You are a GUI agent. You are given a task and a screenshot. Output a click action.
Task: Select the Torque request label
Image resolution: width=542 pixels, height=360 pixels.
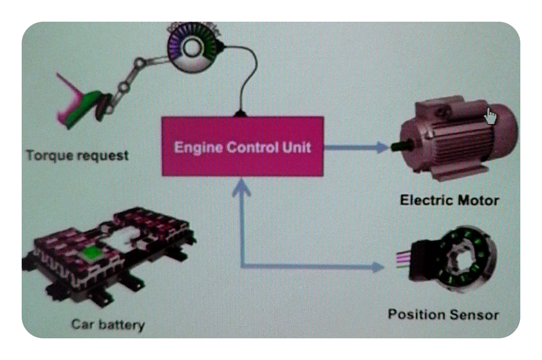tap(77, 156)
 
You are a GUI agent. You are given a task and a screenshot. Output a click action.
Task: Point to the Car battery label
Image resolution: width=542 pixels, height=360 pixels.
tap(108, 324)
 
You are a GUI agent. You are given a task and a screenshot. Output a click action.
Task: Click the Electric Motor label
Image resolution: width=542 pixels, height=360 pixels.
tap(449, 200)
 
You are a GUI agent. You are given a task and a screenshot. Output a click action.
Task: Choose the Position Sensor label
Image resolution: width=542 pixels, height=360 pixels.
tap(443, 314)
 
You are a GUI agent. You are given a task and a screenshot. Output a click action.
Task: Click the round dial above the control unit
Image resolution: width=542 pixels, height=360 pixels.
tap(193, 49)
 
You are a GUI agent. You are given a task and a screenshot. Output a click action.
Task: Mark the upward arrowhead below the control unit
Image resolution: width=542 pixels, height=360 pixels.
tap(242, 187)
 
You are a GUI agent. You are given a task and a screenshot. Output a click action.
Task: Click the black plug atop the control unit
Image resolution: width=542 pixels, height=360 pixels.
tap(240, 113)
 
